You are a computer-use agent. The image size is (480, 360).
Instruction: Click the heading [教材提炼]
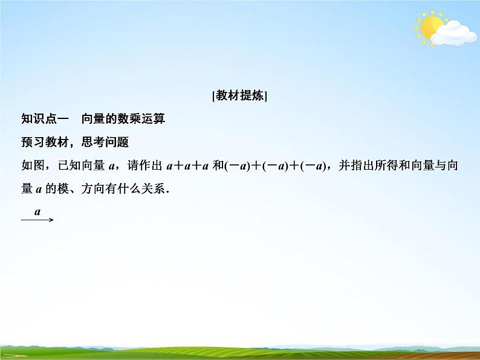point(240,96)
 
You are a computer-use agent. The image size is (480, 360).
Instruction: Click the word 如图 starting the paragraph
point(31,166)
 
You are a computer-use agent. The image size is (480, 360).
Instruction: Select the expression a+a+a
point(187,166)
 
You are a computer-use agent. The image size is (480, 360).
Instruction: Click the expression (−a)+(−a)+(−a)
point(276,166)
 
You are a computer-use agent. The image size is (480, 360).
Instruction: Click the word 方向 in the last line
point(89,189)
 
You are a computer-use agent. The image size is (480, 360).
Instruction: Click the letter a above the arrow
point(37,211)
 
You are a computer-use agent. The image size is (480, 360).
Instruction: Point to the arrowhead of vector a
point(51,219)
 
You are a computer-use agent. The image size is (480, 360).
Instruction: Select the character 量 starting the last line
point(27,189)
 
